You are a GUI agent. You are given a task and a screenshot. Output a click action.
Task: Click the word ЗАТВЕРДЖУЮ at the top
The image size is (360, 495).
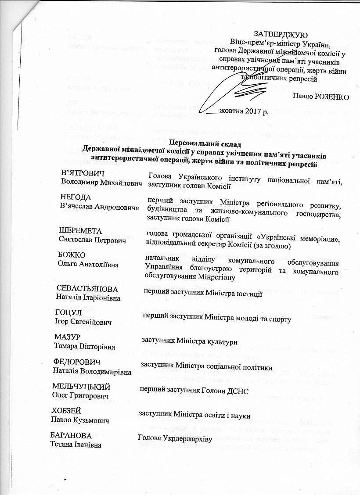[x=281, y=34]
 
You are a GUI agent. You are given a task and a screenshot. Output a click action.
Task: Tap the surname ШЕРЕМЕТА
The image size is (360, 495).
[x=80, y=231]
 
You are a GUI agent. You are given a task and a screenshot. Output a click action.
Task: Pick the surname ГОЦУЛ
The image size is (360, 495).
[x=69, y=313]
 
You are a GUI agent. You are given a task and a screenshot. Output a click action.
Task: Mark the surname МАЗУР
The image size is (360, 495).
[x=67, y=337]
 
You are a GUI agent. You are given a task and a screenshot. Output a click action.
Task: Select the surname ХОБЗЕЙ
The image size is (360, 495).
[x=67, y=411]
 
